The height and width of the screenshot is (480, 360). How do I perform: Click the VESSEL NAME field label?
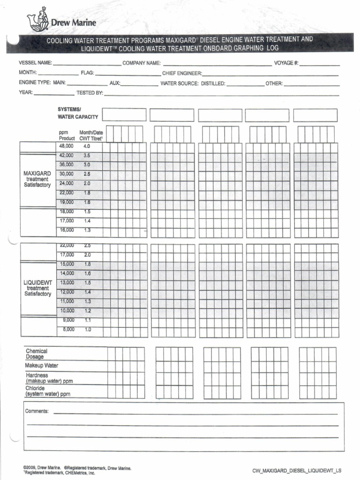pyautogui.click(x=35, y=63)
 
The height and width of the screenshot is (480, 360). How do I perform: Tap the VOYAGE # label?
pyautogui.click(x=286, y=63)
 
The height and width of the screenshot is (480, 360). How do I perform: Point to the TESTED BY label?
pyautogui.click(x=90, y=93)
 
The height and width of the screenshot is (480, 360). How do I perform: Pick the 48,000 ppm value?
pyautogui.click(x=66, y=146)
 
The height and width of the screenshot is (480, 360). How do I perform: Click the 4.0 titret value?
pyautogui.click(x=87, y=146)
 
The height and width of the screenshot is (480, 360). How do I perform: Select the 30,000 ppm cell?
pyautogui.click(x=66, y=174)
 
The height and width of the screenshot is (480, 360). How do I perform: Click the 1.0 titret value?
pyautogui.click(x=87, y=330)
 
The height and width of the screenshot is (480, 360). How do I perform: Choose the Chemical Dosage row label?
pyautogui.click(x=37, y=354)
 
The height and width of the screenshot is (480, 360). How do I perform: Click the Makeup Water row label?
pyautogui.click(x=42, y=366)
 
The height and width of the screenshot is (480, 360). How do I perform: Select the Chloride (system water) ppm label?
pyautogui.click(x=47, y=391)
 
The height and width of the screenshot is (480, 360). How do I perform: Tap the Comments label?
pyautogui.click(x=37, y=411)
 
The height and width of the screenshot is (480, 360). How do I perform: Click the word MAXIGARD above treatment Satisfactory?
pyautogui.click(x=37, y=173)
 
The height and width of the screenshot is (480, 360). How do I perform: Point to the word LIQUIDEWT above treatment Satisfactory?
pyautogui.click(x=37, y=283)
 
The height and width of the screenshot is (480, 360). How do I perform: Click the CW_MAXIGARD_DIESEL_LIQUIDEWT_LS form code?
pyautogui.click(x=297, y=470)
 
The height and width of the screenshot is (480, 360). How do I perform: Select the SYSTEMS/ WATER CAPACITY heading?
pyautogui.click(x=78, y=113)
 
